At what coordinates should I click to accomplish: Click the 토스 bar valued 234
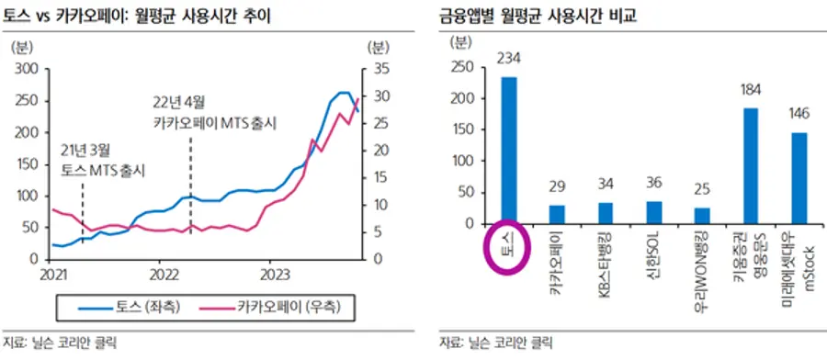[x=508, y=150]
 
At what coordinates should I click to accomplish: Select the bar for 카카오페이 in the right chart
[x=556, y=214]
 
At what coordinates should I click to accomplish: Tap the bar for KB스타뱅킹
[x=605, y=213]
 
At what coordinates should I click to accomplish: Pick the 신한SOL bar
[x=653, y=212]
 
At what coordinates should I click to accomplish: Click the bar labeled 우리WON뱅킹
[x=702, y=215]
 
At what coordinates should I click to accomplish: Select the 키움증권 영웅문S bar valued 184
[x=751, y=165]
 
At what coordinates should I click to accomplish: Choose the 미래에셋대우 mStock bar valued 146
[x=799, y=177]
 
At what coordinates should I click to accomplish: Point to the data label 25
[x=702, y=189]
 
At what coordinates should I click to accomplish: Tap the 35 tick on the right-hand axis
[x=378, y=69]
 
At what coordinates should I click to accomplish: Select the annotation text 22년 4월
[x=180, y=101]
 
